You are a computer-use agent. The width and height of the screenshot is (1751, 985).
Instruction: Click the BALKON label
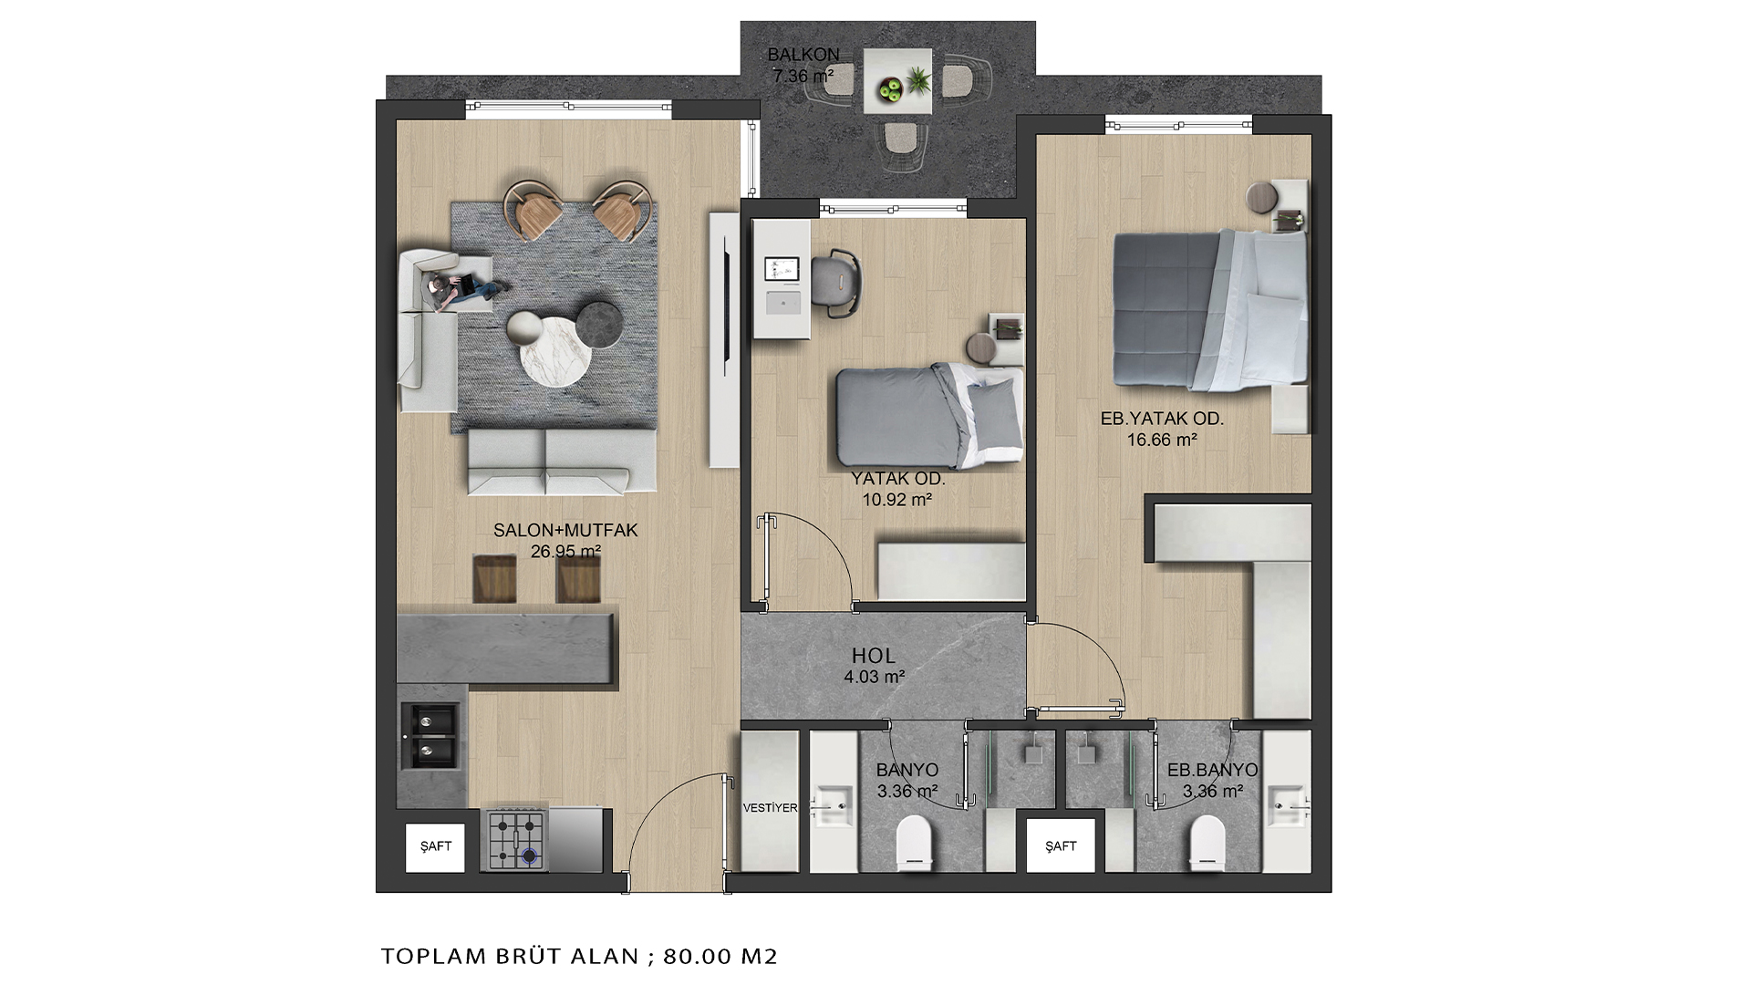pyautogui.click(x=803, y=54)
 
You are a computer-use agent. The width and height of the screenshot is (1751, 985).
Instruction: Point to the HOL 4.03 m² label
pyautogui.click(x=874, y=665)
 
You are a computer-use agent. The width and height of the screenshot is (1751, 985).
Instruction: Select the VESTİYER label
pyautogui.click(x=770, y=808)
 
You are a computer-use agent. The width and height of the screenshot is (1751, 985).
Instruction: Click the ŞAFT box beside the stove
pyautogui.click(x=435, y=846)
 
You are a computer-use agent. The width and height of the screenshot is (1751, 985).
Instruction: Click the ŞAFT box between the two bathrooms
pyautogui.click(x=1061, y=846)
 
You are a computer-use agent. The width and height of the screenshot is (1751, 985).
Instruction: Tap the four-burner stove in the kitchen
pyautogui.click(x=516, y=840)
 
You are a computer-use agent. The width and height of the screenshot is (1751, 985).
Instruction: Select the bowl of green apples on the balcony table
pyautogui.click(x=889, y=88)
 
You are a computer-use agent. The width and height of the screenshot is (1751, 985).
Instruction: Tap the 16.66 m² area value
pyautogui.click(x=1162, y=440)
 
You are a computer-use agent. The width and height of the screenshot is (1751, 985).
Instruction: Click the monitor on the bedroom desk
pyautogui.click(x=782, y=270)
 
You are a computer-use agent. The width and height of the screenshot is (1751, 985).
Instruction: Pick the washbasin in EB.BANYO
pyautogui.click(x=1288, y=801)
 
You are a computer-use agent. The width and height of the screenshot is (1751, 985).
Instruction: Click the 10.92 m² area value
pyautogui.click(x=897, y=500)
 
